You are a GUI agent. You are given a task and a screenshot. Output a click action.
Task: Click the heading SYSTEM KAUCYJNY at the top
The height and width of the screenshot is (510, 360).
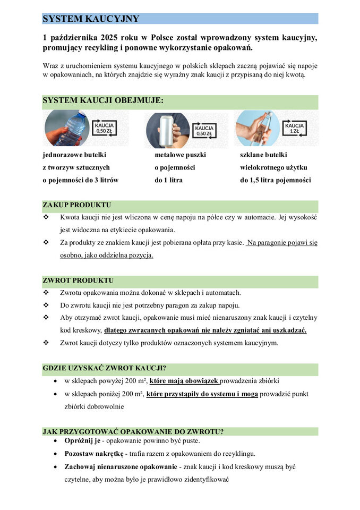pos(91,19)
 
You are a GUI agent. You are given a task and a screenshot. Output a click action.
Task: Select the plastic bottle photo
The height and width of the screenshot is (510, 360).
pos(67,128)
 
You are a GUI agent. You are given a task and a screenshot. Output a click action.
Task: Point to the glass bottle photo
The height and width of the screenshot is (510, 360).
pos(257,128)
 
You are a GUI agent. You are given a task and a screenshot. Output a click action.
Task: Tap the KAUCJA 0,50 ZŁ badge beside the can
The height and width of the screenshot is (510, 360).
pos(204,131)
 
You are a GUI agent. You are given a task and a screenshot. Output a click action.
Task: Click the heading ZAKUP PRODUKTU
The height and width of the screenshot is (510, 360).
pos(76,205)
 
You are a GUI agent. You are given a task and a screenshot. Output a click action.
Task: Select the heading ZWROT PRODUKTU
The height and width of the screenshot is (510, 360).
pos(78,280)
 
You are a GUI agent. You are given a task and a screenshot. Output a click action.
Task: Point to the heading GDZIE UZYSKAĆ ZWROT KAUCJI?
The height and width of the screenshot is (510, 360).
pos(108,368)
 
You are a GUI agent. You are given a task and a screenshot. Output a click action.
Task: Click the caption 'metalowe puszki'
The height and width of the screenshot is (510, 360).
pos(180,155)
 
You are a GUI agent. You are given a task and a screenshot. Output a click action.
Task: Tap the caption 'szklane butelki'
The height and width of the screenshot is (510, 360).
pos(263,155)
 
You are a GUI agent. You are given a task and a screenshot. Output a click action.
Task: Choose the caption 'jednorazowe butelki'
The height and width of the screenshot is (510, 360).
pos(74,155)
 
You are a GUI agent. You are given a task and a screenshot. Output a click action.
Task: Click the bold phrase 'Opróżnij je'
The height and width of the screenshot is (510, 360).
pos(82,441)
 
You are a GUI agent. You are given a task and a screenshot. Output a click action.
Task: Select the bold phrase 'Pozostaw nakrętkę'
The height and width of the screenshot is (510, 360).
pos(94,454)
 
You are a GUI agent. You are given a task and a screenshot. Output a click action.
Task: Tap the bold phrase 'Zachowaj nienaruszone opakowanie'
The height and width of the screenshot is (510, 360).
pos(121,466)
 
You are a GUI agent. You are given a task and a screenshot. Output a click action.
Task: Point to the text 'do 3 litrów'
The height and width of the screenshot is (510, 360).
pos(101,180)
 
